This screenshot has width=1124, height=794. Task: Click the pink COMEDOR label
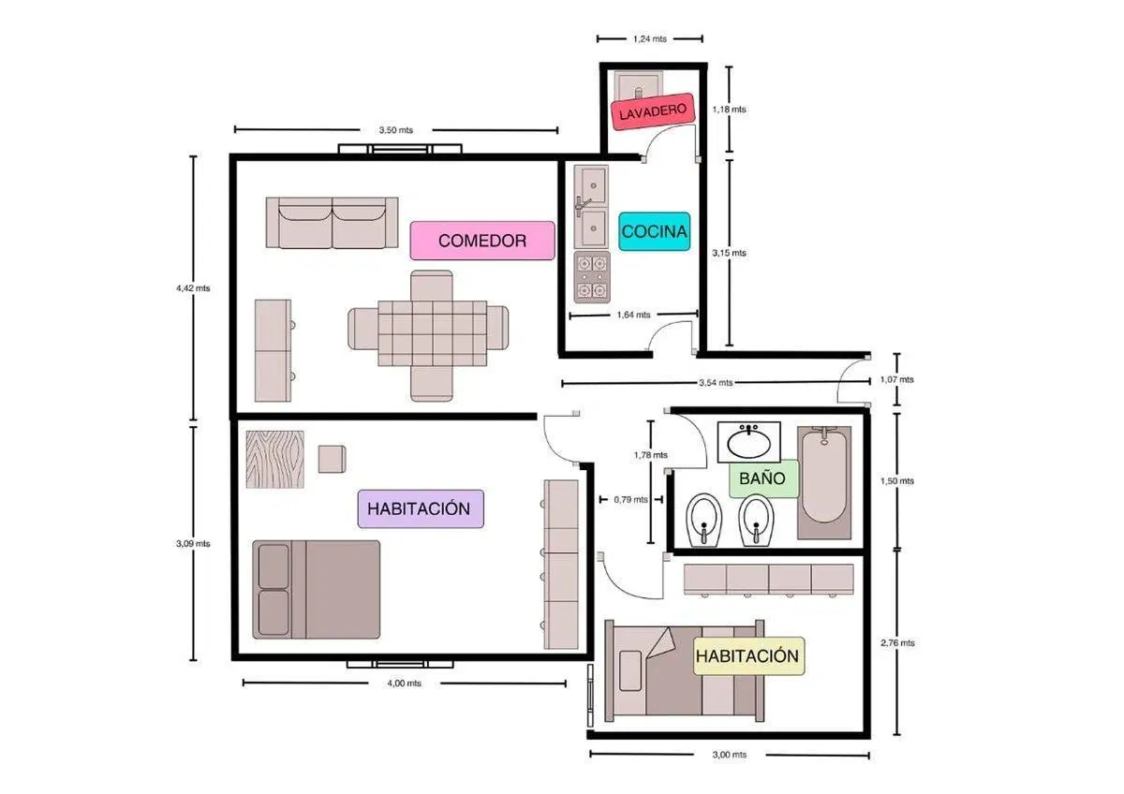pyautogui.click(x=482, y=241)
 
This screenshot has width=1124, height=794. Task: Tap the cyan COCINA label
pyautogui.click(x=654, y=231)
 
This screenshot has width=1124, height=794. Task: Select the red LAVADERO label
pyautogui.click(x=653, y=111)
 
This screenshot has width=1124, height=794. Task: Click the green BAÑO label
pyautogui.click(x=762, y=478)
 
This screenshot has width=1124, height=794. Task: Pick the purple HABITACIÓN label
pyautogui.click(x=421, y=508)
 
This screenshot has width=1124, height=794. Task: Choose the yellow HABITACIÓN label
pyautogui.click(x=747, y=655)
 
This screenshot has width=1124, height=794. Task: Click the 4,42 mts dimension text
pyautogui.click(x=193, y=288)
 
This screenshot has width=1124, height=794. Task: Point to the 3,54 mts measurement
pyautogui.click(x=716, y=383)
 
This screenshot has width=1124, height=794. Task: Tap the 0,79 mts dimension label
pyautogui.click(x=630, y=500)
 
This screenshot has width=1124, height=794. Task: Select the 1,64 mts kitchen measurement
pyautogui.click(x=634, y=315)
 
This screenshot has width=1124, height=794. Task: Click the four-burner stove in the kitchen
pyautogui.click(x=592, y=277)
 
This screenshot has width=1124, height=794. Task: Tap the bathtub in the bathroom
pyautogui.click(x=824, y=482)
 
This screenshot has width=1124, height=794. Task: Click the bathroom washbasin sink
pyautogui.click(x=748, y=442)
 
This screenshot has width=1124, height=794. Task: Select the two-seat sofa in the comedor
pyautogui.click(x=332, y=222)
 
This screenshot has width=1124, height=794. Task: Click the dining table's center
pyautogui.click(x=432, y=333)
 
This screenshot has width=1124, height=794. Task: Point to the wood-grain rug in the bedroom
pyautogui.click(x=274, y=459)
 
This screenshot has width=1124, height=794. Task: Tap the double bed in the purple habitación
pyautogui.click(x=317, y=589)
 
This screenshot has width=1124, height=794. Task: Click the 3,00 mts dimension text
pyautogui.click(x=730, y=755)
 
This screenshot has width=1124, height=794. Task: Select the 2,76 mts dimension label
pyautogui.click(x=897, y=642)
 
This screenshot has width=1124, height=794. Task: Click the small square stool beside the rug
pyautogui.click(x=332, y=459)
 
